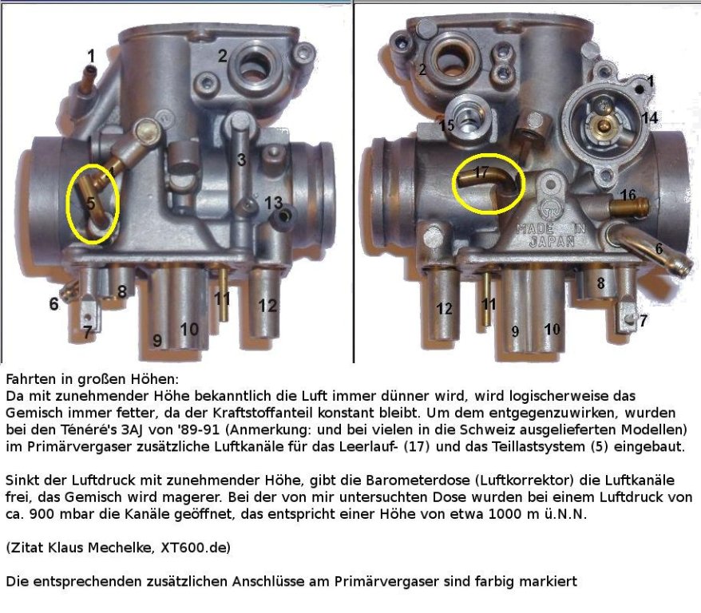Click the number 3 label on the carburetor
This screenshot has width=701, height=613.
click(241, 160)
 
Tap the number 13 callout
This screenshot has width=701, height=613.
click(273, 203)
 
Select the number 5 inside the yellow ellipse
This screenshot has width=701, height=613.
click(91, 204)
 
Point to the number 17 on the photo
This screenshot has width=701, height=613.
click(481, 172)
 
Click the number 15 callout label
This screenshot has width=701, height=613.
click(446, 125)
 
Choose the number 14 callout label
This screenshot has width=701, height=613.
click(650, 117)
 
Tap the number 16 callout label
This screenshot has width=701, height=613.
click(628, 195)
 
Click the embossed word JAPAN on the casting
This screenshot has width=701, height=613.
click(552, 242)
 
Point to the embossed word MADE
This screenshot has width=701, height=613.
click(535, 229)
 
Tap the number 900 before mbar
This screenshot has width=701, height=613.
click(42, 514)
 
